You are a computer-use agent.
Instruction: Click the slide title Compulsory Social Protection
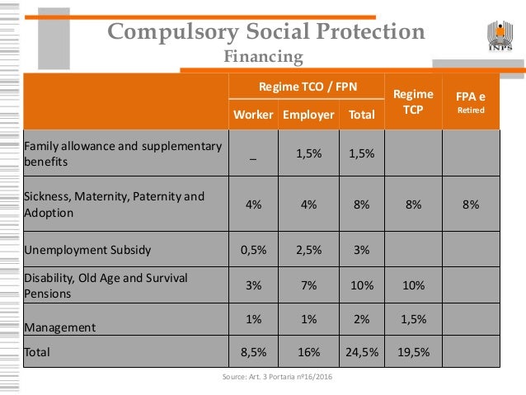(266, 32)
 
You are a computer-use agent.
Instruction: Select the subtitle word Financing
(264, 57)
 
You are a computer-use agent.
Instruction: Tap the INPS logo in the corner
(500, 32)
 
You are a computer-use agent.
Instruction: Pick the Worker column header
(253, 115)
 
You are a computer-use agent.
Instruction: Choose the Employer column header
(309, 115)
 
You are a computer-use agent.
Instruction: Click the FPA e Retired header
(472, 101)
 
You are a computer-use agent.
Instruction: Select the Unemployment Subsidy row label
(87, 249)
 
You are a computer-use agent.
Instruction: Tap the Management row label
(59, 327)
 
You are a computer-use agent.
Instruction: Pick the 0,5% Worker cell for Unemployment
(253, 249)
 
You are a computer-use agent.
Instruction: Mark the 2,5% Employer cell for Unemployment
(309, 249)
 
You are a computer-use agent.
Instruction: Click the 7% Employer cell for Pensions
(309, 285)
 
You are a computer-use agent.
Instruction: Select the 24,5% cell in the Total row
(361, 351)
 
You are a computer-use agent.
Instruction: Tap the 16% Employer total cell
(309, 351)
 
